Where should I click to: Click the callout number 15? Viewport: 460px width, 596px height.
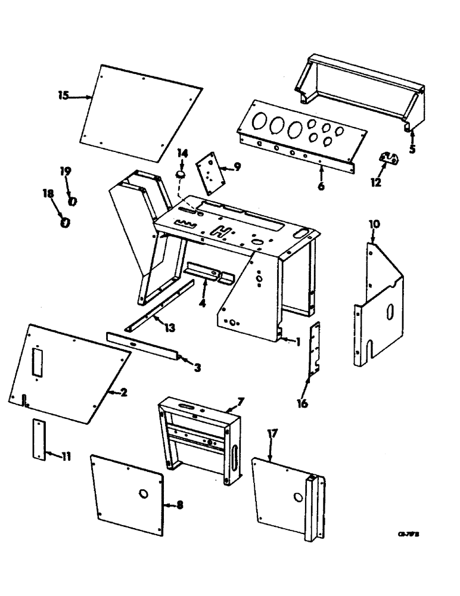click(x=64, y=95)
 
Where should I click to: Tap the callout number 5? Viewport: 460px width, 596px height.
click(x=412, y=148)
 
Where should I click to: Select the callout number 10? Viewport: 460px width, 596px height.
click(x=374, y=223)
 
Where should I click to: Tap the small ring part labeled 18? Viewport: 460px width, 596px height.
click(x=65, y=222)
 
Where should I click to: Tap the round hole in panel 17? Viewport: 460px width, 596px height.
click(x=296, y=496)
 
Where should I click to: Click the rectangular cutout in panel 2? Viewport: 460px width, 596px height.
click(x=38, y=363)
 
